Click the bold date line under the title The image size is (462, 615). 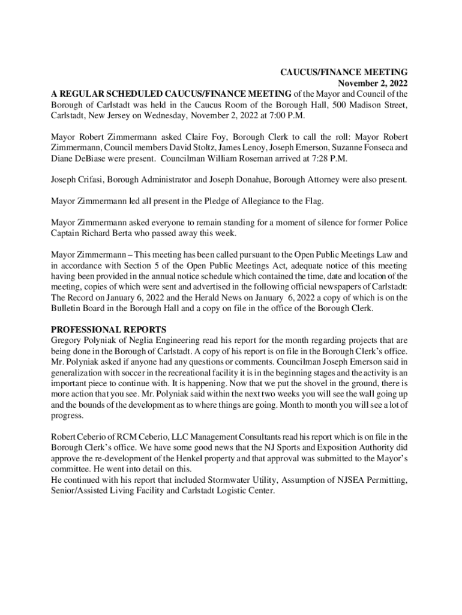point(373,83)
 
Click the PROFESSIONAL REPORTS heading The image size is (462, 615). point(109,329)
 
